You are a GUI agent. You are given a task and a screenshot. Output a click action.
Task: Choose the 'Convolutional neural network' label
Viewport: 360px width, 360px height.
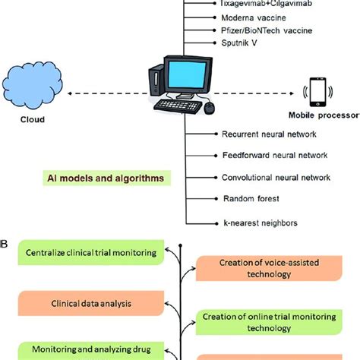click(275, 178)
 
